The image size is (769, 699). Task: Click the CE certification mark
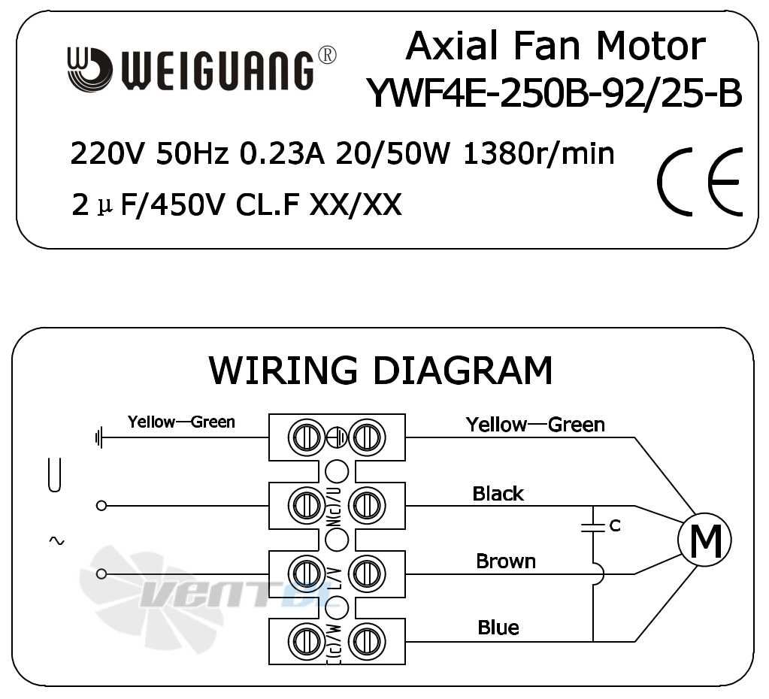pos(701,181)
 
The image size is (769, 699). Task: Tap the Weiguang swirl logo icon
pos(89,69)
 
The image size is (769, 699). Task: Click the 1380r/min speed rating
pos(538,153)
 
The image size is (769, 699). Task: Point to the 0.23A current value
pos(282,154)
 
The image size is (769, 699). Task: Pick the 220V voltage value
pos(108,154)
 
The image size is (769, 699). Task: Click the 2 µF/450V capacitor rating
pos(149,204)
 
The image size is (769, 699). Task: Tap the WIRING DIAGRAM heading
pos(381,370)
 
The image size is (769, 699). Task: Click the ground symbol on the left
pos(99,437)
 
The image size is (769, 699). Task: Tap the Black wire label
pos(498,494)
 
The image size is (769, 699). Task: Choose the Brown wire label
pos(506,561)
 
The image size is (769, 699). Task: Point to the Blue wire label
pos(498,628)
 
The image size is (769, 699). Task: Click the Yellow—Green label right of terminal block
pos(535,425)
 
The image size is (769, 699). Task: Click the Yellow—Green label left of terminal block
pos(181,422)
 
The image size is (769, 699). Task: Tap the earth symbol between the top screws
pos(337,437)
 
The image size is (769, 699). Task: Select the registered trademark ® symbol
pos(327,56)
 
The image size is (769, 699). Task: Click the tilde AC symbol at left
pos(56,540)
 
